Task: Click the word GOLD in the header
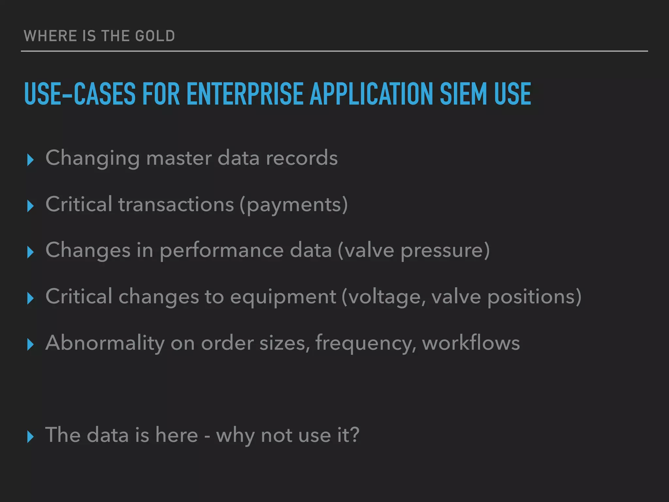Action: coord(155,36)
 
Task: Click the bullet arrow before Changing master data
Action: coord(30,160)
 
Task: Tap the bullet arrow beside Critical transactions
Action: coord(30,206)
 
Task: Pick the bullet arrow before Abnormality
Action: coord(30,344)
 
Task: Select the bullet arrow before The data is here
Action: coord(30,437)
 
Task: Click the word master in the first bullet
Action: coord(179,158)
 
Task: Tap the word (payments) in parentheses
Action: coord(294,205)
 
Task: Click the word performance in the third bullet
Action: coord(222,251)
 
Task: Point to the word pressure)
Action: coord(445,251)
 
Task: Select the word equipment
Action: coord(283,297)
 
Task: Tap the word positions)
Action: coord(534,297)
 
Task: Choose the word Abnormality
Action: coord(105,343)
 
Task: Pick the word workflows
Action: coord(471,343)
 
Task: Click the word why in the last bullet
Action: coord(235,436)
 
